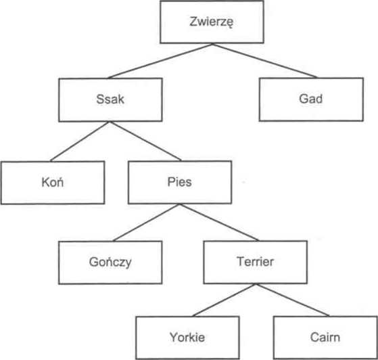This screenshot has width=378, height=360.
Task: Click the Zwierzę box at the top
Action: click(x=212, y=22)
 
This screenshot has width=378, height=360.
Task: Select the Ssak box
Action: click(x=110, y=99)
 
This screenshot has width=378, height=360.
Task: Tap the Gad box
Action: click(x=311, y=99)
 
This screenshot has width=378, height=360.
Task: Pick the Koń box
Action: click(x=53, y=183)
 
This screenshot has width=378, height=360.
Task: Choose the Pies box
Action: click(x=180, y=182)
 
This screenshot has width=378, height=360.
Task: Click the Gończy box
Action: click(x=110, y=263)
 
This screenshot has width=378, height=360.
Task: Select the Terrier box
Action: click(x=256, y=262)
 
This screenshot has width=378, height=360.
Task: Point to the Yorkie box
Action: click(x=187, y=338)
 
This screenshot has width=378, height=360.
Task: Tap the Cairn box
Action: click(x=325, y=338)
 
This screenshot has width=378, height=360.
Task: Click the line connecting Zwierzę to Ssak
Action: click(x=160, y=61)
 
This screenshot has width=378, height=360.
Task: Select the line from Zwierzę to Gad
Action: click(x=264, y=60)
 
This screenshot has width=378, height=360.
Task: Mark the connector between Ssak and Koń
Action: click(x=80, y=141)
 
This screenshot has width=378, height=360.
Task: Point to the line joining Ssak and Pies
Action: click(x=145, y=141)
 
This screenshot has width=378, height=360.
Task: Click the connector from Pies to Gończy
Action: click(x=146, y=223)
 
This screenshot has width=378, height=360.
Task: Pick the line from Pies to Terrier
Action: click(x=219, y=222)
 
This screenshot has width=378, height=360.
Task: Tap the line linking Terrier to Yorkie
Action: click(x=224, y=300)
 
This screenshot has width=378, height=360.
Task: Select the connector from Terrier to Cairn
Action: click(x=292, y=300)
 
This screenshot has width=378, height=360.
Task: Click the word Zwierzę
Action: click(x=212, y=22)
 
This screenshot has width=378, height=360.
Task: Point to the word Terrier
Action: click(x=256, y=262)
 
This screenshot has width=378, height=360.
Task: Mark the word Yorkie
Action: click(x=187, y=337)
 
